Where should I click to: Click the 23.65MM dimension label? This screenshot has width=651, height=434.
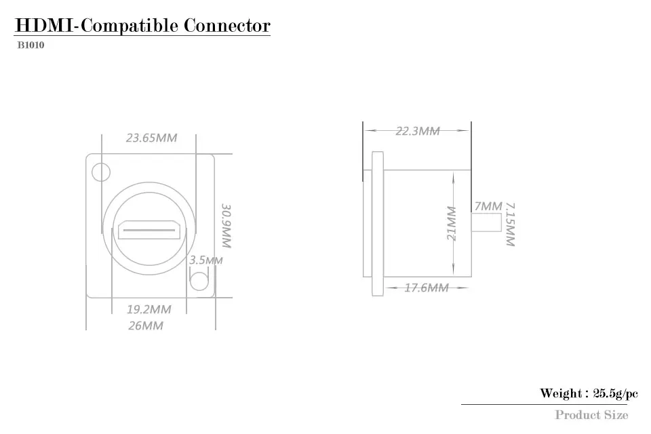click(151, 138)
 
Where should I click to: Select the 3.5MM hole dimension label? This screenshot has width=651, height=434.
click(205, 260)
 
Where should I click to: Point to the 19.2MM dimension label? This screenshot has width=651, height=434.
click(149, 309)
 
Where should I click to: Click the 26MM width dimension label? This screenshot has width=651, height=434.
click(146, 325)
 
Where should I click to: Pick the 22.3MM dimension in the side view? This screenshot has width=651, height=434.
click(418, 131)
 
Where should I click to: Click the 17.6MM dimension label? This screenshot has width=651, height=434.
click(427, 288)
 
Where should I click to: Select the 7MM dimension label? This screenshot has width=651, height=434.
click(488, 205)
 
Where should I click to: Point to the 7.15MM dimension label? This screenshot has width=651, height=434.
click(511, 224)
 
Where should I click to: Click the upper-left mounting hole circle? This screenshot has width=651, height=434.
click(101, 172)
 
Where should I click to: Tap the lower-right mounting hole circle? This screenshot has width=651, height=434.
click(199, 281)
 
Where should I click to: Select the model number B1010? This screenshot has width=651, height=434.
click(30, 46)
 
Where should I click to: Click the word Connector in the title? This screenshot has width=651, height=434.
click(226, 26)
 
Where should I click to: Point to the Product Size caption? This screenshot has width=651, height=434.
click(591, 414)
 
